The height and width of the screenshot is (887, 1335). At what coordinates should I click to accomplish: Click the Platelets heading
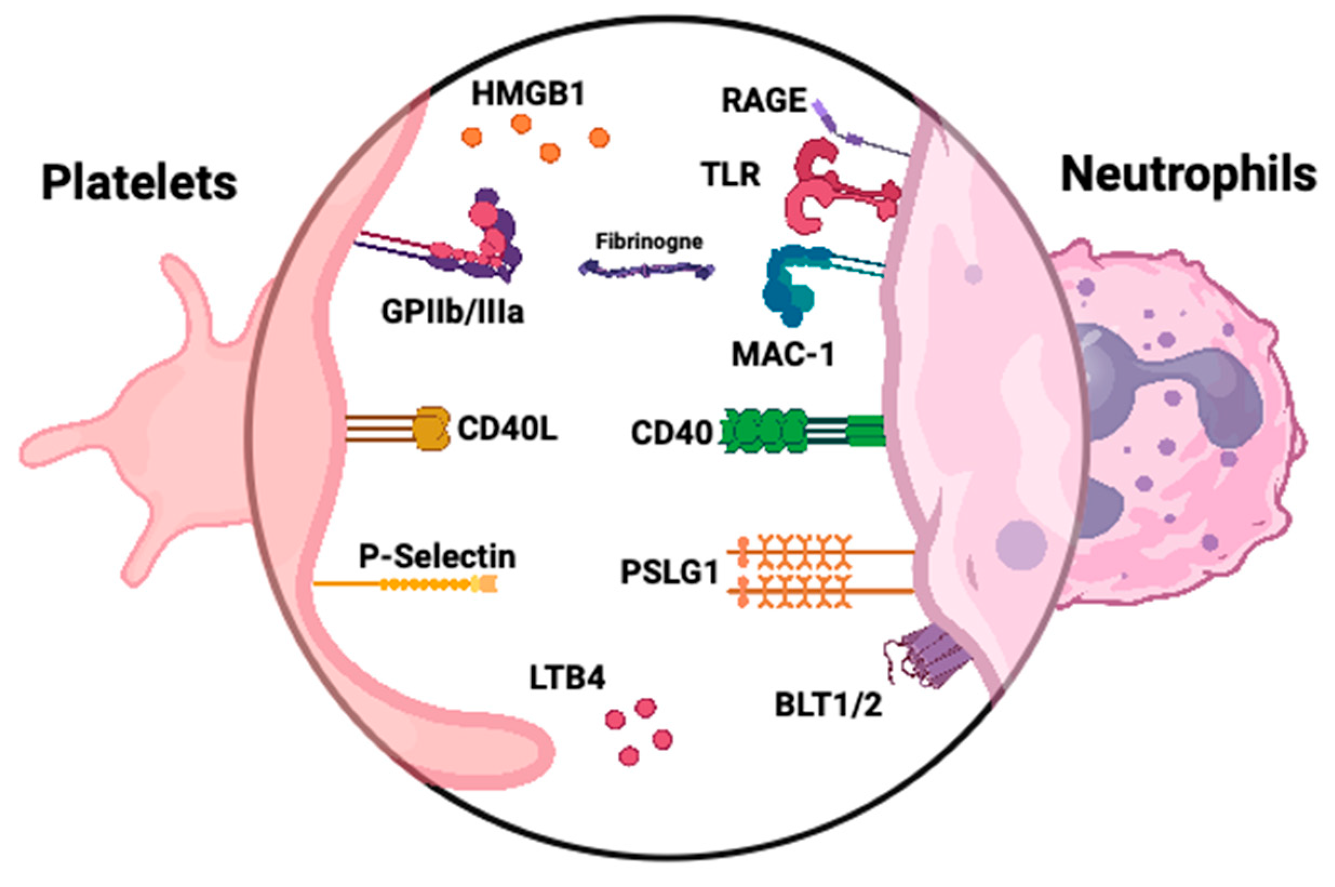(x=139, y=182)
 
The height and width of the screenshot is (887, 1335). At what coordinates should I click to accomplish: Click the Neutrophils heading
(x=1188, y=175)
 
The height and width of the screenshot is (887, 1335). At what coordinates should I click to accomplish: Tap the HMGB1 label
(x=528, y=94)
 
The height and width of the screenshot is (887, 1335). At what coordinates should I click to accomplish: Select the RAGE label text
(x=763, y=100)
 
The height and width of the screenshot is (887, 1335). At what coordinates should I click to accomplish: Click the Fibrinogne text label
(x=649, y=242)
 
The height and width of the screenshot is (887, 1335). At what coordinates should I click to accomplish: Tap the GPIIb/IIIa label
(x=453, y=312)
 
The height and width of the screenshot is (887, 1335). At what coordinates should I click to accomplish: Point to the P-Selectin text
(x=437, y=557)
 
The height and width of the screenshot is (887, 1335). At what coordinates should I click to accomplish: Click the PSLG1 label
(x=669, y=572)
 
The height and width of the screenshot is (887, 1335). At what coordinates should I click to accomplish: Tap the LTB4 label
(x=567, y=678)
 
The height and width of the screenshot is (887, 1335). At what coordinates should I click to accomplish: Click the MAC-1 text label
(x=782, y=355)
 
